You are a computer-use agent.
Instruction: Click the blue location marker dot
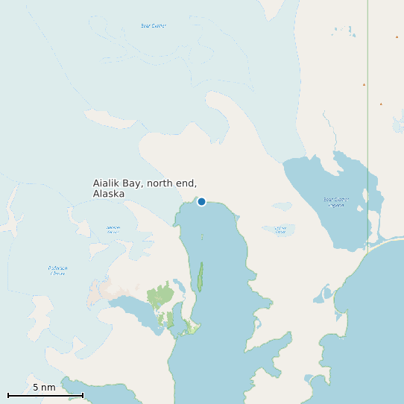201,201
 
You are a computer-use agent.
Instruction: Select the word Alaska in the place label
109,194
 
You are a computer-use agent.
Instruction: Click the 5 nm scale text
44,388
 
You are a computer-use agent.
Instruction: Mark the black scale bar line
45,395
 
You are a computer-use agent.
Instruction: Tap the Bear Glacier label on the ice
153,26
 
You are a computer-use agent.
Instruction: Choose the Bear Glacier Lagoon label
336,201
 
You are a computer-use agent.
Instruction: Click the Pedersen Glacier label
57,270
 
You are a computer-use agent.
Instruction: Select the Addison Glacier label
113,230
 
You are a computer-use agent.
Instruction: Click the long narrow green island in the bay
200,277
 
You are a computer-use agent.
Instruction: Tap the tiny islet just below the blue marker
201,237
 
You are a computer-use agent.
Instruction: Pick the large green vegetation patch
160,295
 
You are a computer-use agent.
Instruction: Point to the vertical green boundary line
367,112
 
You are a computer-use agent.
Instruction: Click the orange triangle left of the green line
364,85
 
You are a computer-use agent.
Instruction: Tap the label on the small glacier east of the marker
280,230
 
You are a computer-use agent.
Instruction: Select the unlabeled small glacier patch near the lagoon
282,206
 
